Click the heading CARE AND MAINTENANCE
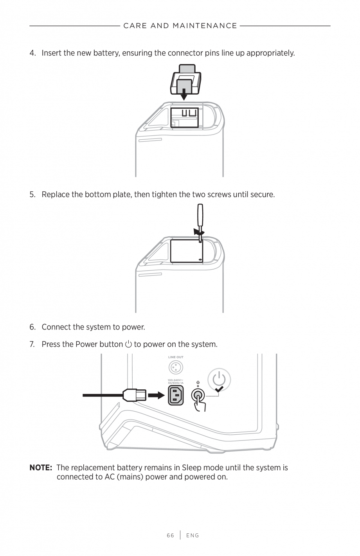180,26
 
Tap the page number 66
170,535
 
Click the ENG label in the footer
193,535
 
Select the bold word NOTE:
41,468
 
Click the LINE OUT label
176,357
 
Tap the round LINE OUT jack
176,368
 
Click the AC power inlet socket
176,395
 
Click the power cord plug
134,395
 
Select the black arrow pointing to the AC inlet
156,396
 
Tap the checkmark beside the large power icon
220,389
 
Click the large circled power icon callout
219,379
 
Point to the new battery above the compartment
185,80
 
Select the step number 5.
32,194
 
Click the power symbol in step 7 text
129,344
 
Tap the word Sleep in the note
191,468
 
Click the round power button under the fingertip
198,396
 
